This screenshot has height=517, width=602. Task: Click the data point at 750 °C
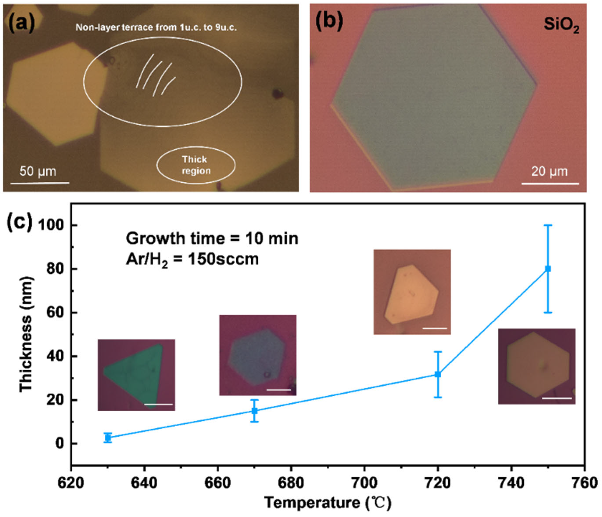click(x=548, y=269)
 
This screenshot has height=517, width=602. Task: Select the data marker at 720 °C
click(x=438, y=374)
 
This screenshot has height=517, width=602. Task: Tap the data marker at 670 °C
click(x=255, y=411)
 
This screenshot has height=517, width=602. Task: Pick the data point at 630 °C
click(x=108, y=437)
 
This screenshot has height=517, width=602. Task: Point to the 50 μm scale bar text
click(x=38, y=171)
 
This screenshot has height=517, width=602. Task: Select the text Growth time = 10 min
click(x=212, y=238)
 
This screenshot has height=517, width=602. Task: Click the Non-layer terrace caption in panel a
click(x=156, y=27)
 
